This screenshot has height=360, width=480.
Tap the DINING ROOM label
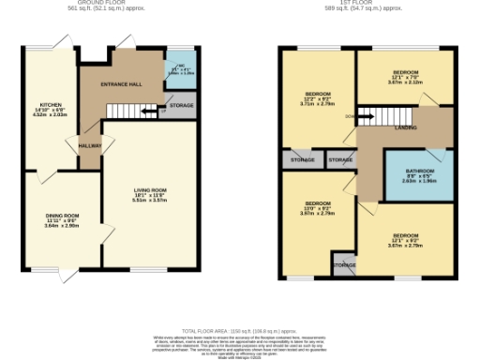(63, 216)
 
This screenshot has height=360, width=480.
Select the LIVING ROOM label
(149, 189)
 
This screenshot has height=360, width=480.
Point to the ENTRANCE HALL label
(122, 84)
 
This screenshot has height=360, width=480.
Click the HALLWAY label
(89, 145)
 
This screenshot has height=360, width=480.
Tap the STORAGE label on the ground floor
(182, 106)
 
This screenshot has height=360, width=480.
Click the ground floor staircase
(126, 111)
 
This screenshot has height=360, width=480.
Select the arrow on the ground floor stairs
(148, 112)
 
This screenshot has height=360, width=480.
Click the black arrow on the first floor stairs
(354, 117)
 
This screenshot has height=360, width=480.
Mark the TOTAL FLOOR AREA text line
(240, 329)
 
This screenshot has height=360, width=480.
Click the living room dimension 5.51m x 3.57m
(149, 200)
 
